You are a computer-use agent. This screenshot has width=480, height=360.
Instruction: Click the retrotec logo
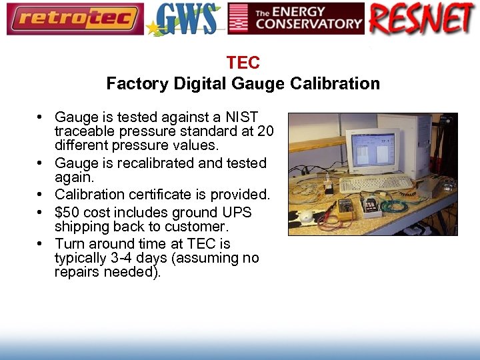(x=75, y=19)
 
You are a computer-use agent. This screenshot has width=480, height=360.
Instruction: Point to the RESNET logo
(x=422, y=19)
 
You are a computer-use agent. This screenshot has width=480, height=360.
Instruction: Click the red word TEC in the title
(x=243, y=63)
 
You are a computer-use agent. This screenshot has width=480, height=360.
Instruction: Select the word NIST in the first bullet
(x=243, y=117)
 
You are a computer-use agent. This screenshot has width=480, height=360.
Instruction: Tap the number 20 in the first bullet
(x=265, y=131)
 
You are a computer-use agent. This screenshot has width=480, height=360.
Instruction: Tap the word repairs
(x=79, y=272)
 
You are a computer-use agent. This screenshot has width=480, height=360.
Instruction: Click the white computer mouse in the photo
(x=307, y=217)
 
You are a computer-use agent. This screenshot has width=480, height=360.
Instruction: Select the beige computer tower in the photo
(x=417, y=147)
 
